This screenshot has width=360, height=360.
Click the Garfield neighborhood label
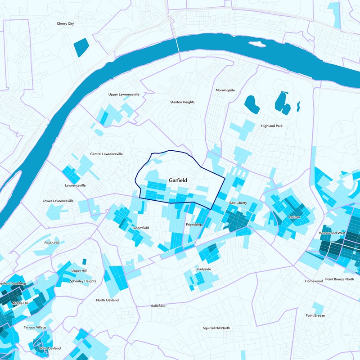[178, 180]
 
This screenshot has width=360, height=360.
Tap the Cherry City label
[65, 23]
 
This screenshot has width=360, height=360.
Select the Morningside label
[225, 90]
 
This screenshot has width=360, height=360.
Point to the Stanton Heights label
[182, 102]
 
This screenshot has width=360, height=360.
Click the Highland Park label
[272, 126]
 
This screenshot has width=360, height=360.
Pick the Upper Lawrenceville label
[124, 94]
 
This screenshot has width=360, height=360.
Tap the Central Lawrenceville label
[107, 154]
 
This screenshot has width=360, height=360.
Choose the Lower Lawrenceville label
[58, 201]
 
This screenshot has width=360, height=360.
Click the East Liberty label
[238, 203]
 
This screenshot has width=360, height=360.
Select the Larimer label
[294, 217]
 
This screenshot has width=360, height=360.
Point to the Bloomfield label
[140, 228]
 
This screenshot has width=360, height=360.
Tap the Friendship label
[194, 224]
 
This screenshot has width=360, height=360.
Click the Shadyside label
[203, 269]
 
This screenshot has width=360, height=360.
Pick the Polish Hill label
[55, 243]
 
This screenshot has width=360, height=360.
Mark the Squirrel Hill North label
[216, 328]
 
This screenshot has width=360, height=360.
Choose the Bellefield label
[157, 306]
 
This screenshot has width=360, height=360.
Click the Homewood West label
[332, 233]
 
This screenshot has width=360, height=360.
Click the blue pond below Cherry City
[81, 47]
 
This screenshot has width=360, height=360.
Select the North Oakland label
[107, 300]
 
